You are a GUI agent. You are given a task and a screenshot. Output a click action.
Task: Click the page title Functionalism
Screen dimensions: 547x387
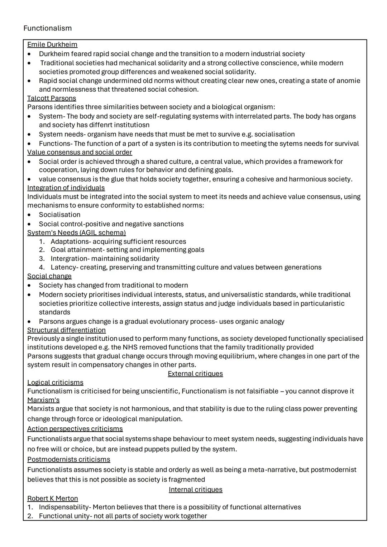pyautogui.click(x=47, y=28)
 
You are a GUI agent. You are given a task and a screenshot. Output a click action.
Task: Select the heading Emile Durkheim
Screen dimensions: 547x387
pyautogui.click(x=52, y=44)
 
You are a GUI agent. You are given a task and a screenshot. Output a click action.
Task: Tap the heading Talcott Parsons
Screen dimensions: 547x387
pyautogui.click(x=52, y=98)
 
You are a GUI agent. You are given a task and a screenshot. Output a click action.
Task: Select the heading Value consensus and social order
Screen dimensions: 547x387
pyautogui.click(x=80, y=152)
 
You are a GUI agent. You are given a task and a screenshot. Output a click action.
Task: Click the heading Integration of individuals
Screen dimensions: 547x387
pyautogui.click(x=66, y=188)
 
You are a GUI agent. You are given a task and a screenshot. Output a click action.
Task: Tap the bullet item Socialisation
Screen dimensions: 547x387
pyautogui.click(x=59, y=215)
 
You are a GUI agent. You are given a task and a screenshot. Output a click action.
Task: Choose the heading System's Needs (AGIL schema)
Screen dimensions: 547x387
pyautogui.click(x=76, y=232)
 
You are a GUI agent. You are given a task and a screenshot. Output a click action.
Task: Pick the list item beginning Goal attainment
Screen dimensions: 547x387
pyautogui.click(x=127, y=250)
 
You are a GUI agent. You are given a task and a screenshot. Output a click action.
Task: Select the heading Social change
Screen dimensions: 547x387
pyautogui.click(x=49, y=276)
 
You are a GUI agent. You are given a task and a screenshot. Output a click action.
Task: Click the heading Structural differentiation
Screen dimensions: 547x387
pyautogui.click(x=66, y=330)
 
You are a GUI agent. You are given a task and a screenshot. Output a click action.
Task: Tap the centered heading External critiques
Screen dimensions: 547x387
pyautogui.click(x=195, y=374)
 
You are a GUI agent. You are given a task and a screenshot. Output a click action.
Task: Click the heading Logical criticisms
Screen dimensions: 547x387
pyautogui.click(x=55, y=383)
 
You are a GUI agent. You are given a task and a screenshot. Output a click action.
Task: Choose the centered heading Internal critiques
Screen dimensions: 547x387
pyautogui.click(x=195, y=490)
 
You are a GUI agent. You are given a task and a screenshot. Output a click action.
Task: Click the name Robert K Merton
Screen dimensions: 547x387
pyautogui.click(x=52, y=499)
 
